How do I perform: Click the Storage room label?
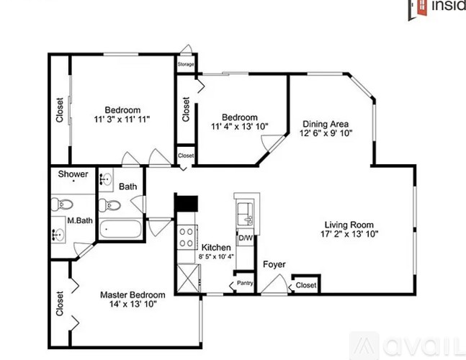186,64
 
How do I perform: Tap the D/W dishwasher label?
246,238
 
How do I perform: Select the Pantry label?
245,283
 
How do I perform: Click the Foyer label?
274,264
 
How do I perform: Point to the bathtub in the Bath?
120,229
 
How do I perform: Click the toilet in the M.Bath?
62,204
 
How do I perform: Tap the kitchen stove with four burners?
187,237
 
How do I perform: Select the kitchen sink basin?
244,213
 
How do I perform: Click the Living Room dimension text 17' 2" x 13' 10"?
349,234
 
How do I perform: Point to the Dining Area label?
326,124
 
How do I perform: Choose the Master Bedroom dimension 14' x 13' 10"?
133,304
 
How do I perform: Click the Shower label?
73,174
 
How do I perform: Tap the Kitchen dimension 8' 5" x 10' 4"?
216,256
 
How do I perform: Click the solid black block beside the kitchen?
187,204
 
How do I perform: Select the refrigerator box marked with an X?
188,279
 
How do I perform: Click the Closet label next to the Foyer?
306,285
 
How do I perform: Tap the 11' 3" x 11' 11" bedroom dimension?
122,120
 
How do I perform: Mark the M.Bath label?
80,220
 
